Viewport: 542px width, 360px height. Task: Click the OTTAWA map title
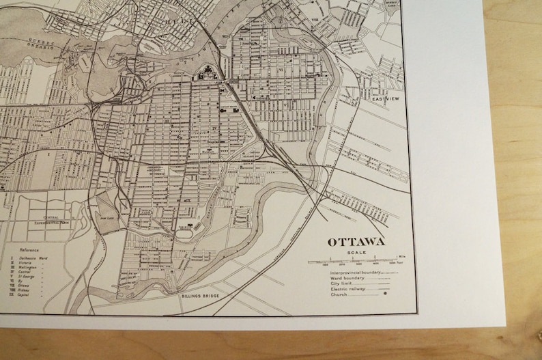356,242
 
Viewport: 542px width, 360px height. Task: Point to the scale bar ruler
353,261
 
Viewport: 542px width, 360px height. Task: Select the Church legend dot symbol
386,295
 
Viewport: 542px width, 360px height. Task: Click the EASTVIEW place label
384,100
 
